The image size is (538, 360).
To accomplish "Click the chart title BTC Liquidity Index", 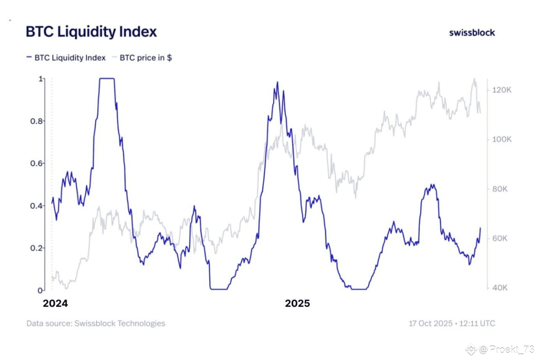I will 91,32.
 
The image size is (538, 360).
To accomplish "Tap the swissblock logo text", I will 472,32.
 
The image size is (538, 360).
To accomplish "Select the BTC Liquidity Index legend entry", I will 66,58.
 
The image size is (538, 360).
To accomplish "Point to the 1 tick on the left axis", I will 41,79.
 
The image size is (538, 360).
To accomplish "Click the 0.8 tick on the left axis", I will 38,121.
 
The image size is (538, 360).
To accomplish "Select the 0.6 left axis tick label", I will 38,163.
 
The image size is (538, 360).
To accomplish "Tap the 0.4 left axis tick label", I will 38,206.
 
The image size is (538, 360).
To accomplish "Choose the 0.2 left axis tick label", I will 38,248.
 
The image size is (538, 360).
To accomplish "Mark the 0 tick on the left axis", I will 40,290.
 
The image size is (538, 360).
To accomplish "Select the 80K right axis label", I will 500,189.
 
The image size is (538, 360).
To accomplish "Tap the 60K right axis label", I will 500,239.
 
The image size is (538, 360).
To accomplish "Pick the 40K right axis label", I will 500,288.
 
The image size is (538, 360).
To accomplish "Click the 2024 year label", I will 55,304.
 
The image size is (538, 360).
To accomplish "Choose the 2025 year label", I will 297,304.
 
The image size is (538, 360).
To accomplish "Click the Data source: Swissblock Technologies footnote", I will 96,323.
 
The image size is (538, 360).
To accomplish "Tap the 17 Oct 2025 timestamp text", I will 452,323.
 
